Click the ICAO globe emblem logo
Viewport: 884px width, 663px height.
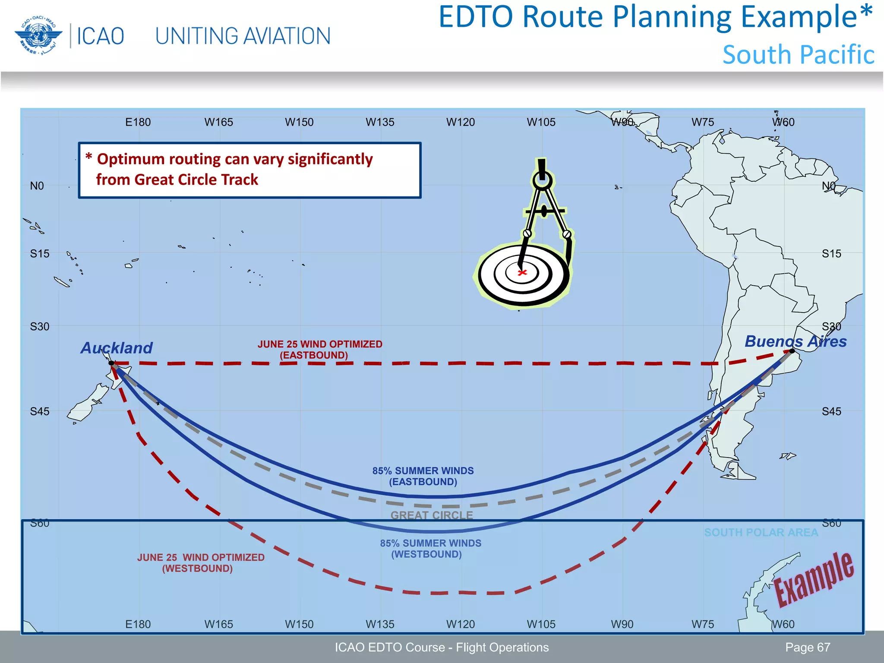tap(36, 36)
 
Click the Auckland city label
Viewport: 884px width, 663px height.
tap(117, 348)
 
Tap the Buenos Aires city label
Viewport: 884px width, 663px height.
tap(796, 341)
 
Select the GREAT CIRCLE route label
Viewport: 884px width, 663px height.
tap(432, 515)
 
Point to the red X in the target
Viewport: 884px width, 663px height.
tap(522, 272)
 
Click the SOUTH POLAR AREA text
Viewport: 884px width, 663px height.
tap(761, 533)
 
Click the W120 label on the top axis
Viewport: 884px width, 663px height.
tap(460, 122)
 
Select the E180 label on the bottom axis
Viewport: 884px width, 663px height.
tap(138, 624)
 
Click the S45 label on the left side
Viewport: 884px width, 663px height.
tap(40, 411)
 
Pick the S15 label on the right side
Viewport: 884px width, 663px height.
tap(831, 254)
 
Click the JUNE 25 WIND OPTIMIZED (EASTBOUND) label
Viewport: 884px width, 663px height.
tap(319, 350)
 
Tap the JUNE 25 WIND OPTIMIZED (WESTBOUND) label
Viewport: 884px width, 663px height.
tap(201, 563)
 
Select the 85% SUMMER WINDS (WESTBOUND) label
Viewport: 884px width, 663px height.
tap(430, 549)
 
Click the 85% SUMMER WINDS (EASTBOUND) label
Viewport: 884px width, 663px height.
tap(423, 476)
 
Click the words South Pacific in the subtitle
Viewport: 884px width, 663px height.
tap(798, 55)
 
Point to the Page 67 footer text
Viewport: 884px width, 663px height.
tap(807, 647)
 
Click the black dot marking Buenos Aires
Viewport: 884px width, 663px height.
tap(792, 351)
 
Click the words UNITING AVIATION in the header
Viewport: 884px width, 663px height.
tap(243, 36)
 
